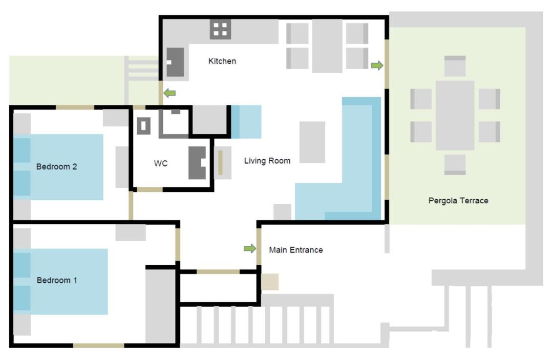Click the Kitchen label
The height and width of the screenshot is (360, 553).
point(222,61)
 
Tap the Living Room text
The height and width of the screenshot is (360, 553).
point(267,161)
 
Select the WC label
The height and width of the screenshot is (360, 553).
point(160,163)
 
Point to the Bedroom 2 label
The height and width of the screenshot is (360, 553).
point(56,166)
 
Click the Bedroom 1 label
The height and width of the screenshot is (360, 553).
point(56,280)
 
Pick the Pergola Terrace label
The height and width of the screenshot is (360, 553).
point(458,201)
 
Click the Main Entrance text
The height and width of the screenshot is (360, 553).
point(296,250)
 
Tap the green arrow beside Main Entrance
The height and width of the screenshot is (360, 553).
point(250,248)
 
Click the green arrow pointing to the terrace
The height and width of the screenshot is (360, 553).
point(377,65)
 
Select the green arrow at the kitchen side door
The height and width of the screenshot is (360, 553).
point(169,93)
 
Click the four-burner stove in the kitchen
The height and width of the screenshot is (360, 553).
point(220,29)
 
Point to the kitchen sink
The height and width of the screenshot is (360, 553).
point(175,62)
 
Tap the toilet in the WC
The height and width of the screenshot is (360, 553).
point(197,163)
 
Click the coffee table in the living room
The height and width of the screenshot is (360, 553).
point(312,142)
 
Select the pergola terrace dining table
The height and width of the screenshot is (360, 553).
point(455,115)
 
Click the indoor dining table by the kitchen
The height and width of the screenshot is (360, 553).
point(327,46)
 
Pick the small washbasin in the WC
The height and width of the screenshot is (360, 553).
point(143,126)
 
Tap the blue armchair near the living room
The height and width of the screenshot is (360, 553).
point(246,122)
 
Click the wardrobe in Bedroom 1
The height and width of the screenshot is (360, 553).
point(160,306)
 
